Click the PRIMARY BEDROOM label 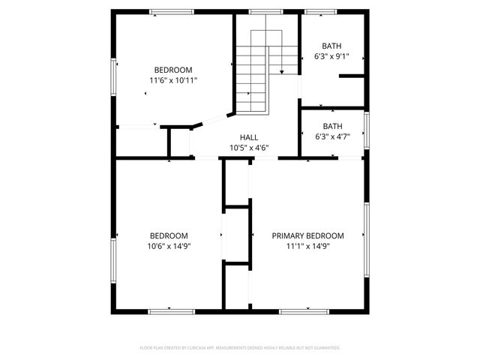pyautogui.click(x=307, y=235)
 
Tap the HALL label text pyautogui.click(x=249, y=138)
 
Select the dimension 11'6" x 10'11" pyautogui.click(x=173, y=79)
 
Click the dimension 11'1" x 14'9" pyautogui.click(x=307, y=246)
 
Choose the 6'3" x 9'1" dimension pyautogui.click(x=331, y=56)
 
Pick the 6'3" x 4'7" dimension pyautogui.click(x=331, y=137)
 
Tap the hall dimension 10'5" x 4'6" pyautogui.click(x=249, y=148)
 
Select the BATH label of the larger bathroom pyautogui.click(x=331, y=46)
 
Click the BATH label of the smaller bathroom pyautogui.click(x=331, y=127)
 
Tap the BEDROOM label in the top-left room pyautogui.click(x=173, y=69)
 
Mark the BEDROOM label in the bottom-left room pyautogui.click(x=169, y=235)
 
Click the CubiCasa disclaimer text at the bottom pyautogui.click(x=240, y=348)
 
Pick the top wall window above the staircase pyautogui.click(x=262, y=11)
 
